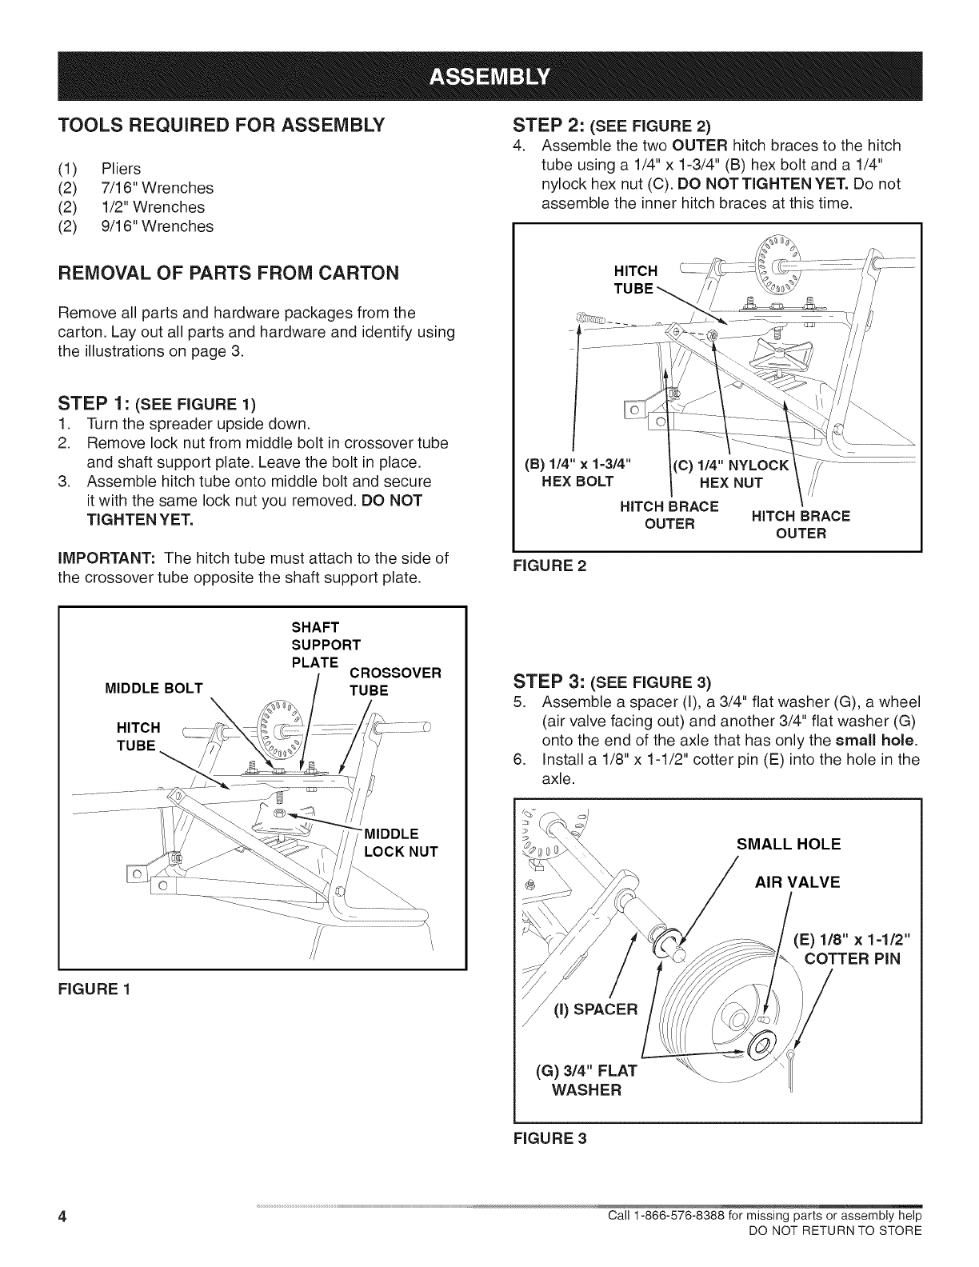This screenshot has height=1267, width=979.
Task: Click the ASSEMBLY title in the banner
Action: tap(489, 77)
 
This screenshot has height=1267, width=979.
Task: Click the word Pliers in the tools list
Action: tap(121, 169)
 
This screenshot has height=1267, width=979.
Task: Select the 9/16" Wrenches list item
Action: tap(157, 226)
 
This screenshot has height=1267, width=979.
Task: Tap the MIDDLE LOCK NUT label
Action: tap(401, 842)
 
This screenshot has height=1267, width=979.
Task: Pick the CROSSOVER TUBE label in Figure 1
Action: tap(395, 681)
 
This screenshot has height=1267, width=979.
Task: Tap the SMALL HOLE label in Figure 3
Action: tap(788, 844)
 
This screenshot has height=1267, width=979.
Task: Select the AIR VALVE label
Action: tap(797, 882)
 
